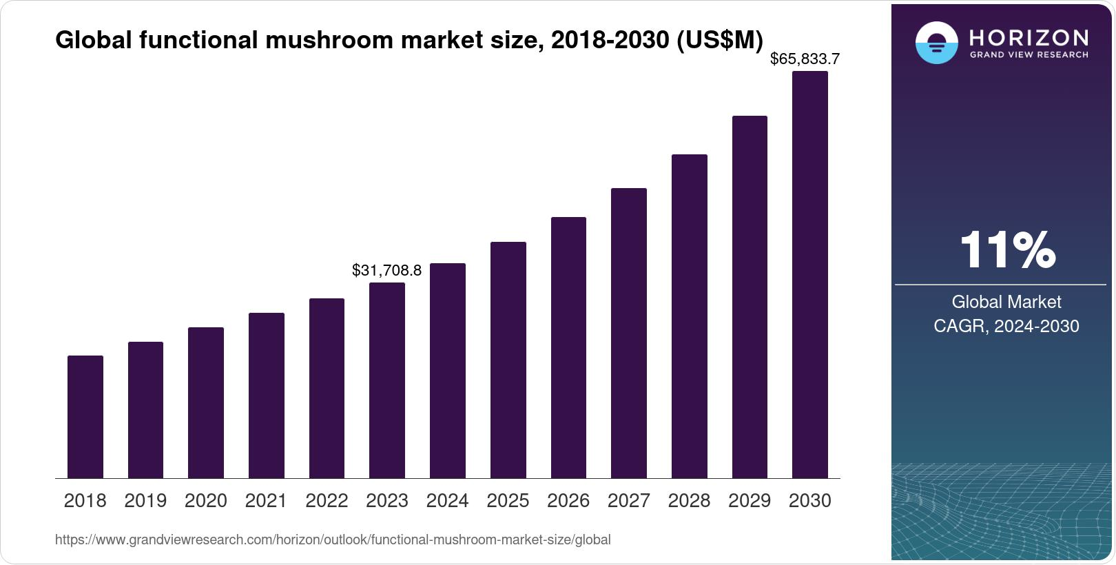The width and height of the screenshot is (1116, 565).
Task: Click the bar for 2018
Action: [85, 417]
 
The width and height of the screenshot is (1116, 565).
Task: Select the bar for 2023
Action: [387, 380]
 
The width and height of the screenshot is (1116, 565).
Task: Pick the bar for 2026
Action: [568, 347]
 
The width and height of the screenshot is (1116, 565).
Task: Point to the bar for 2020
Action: [206, 402]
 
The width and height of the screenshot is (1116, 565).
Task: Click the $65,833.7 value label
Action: [805, 59]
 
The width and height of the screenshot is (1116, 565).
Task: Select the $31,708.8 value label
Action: [386, 270]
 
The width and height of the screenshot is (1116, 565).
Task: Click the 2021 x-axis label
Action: [266, 501]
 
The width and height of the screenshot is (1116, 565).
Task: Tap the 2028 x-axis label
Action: [689, 501]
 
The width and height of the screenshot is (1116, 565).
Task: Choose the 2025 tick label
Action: [508, 501]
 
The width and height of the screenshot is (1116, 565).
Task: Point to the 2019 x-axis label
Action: [145, 501]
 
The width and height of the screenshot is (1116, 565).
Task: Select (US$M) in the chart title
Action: [719, 40]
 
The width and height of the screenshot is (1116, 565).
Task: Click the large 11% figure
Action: [1006, 249]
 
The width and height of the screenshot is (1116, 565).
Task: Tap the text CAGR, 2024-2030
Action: [1006, 326]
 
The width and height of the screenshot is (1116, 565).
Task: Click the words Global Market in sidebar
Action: [1006, 302]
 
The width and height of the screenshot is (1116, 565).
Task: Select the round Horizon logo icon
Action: [936, 43]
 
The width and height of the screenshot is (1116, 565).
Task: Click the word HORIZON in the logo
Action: [1029, 37]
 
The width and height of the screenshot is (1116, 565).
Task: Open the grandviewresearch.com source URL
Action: [333, 540]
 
